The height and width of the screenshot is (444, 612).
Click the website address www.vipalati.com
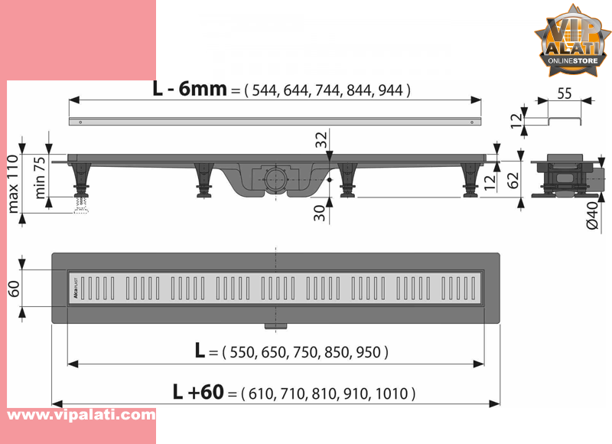(81, 415)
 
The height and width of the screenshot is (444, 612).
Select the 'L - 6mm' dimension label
(190, 88)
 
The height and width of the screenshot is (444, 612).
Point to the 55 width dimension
(564, 94)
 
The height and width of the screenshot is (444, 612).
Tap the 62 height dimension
(513, 180)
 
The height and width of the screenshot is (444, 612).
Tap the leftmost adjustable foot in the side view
(79, 184)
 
